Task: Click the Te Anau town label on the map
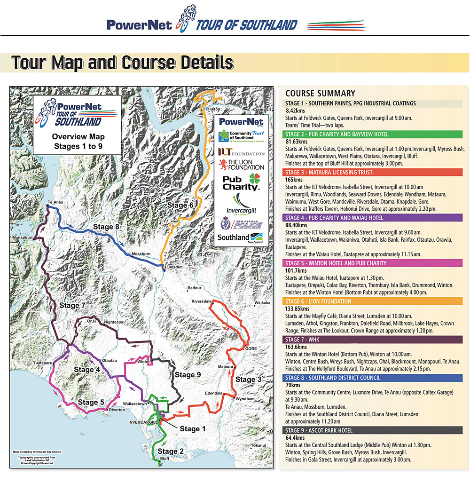click(x=55, y=203)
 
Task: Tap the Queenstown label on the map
click(x=177, y=111)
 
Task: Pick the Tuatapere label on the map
click(x=42, y=363)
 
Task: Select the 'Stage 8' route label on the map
click(x=110, y=227)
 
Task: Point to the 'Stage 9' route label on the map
click(x=188, y=375)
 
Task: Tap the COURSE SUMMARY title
click(x=320, y=93)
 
